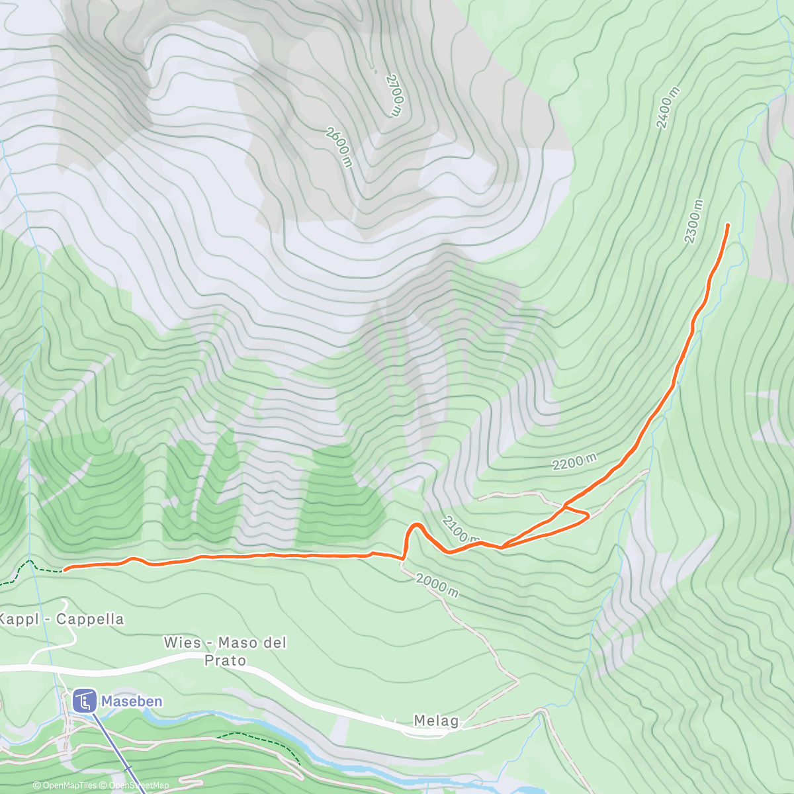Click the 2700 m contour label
tap(394, 95)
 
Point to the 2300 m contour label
tap(693, 222)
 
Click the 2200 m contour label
tap(574, 462)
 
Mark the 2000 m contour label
tap(437, 585)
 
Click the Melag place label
tap(436, 721)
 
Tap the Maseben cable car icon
tap(84, 701)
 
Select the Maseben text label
tap(132, 701)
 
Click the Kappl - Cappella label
tap(61, 619)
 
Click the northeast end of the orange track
tap(728, 225)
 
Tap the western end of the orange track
tap(64, 569)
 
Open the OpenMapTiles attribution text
tap(65, 785)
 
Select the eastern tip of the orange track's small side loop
tap(588, 515)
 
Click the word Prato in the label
tap(225, 660)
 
